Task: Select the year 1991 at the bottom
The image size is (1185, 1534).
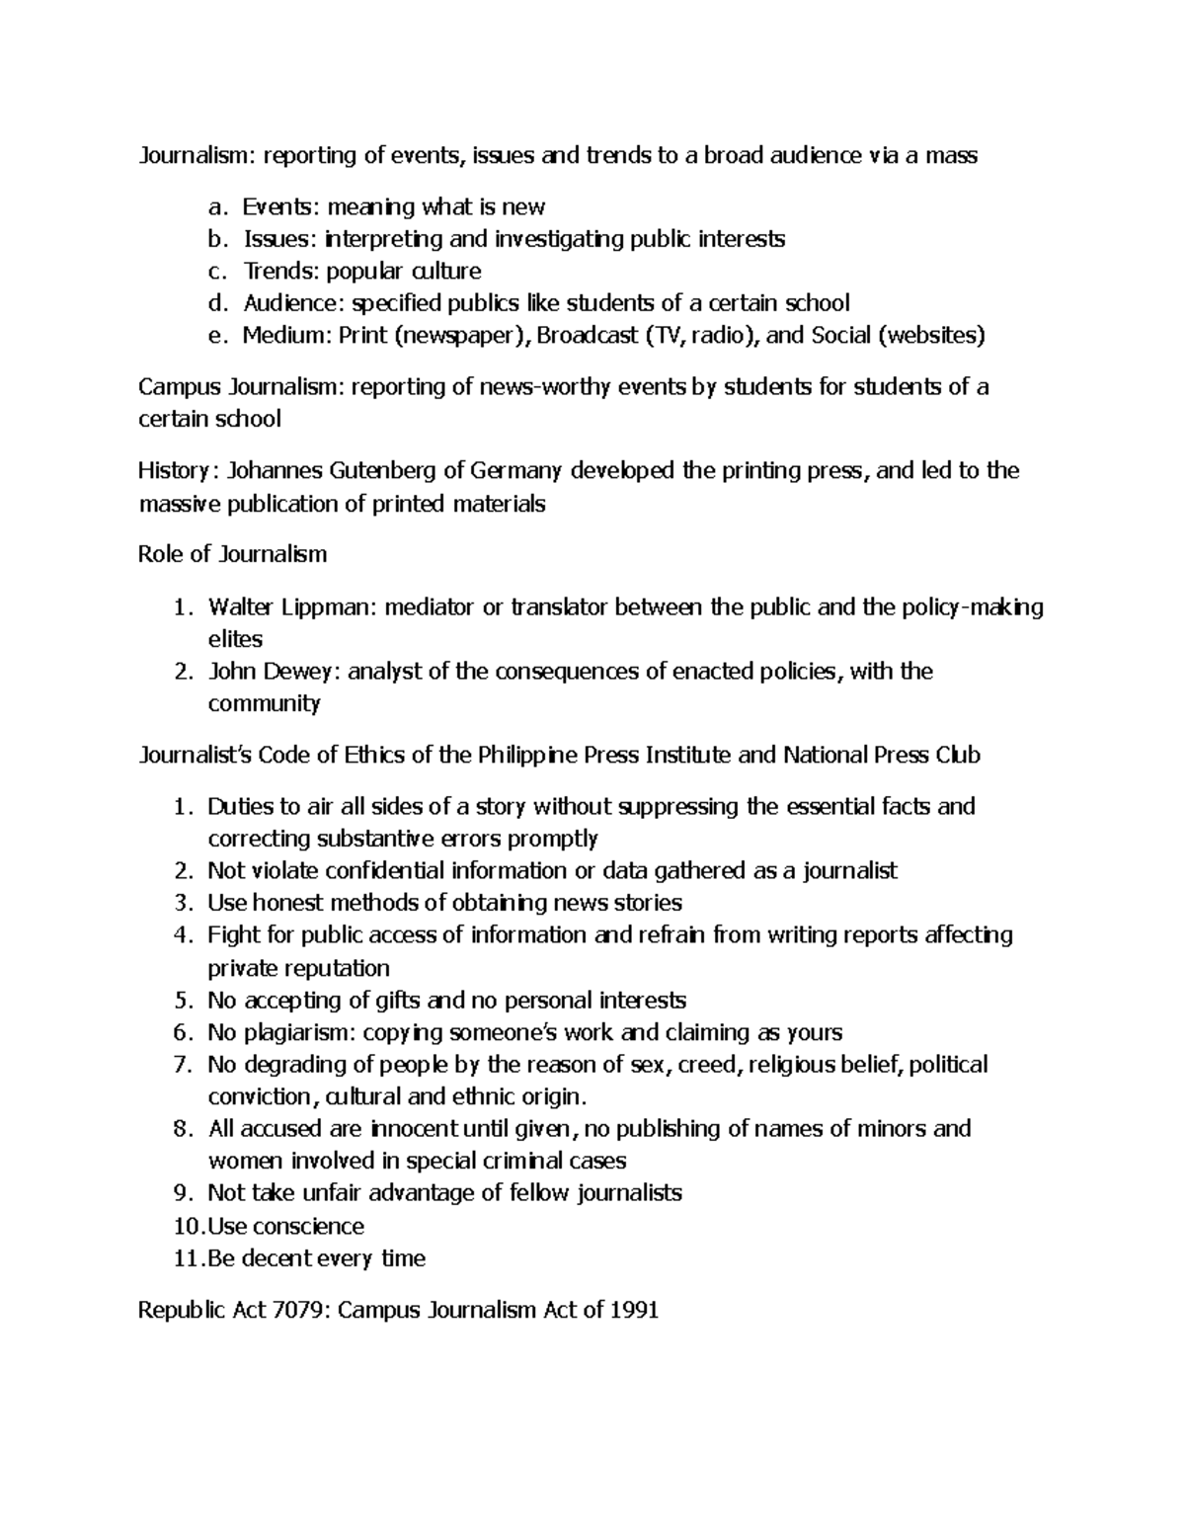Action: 634,1310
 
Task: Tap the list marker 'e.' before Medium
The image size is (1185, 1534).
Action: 217,335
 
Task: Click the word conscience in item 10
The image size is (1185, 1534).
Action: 308,1226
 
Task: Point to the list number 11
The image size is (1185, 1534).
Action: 184,1258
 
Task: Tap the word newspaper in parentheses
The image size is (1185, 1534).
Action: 457,335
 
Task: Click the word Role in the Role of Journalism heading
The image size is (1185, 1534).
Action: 160,554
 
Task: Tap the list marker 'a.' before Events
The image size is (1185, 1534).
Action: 217,206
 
